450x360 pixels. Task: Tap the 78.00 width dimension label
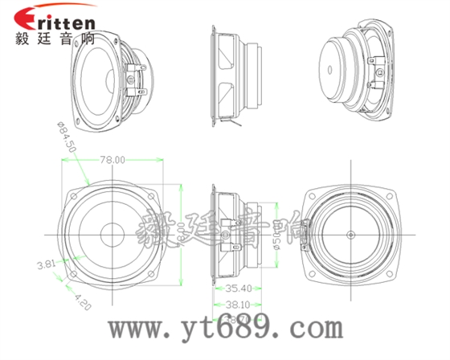(112, 160)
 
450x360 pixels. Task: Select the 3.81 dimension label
(45, 264)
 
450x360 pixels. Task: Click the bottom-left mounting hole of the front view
(75, 272)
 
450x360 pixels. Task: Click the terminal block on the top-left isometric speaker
(134, 77)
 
